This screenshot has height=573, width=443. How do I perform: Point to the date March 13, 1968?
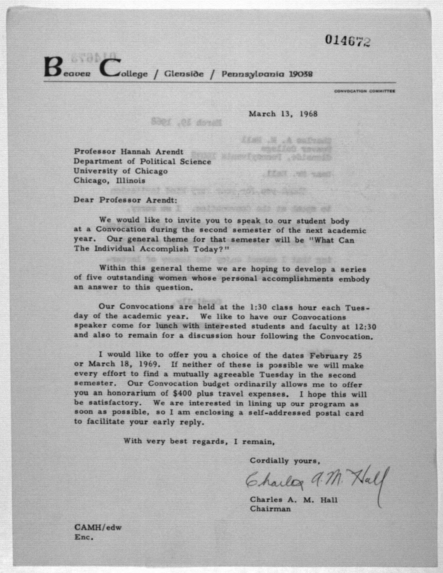point(283,114)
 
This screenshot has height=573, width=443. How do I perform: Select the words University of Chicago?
point(120,171)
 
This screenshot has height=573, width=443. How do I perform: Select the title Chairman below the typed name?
point(270,509)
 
